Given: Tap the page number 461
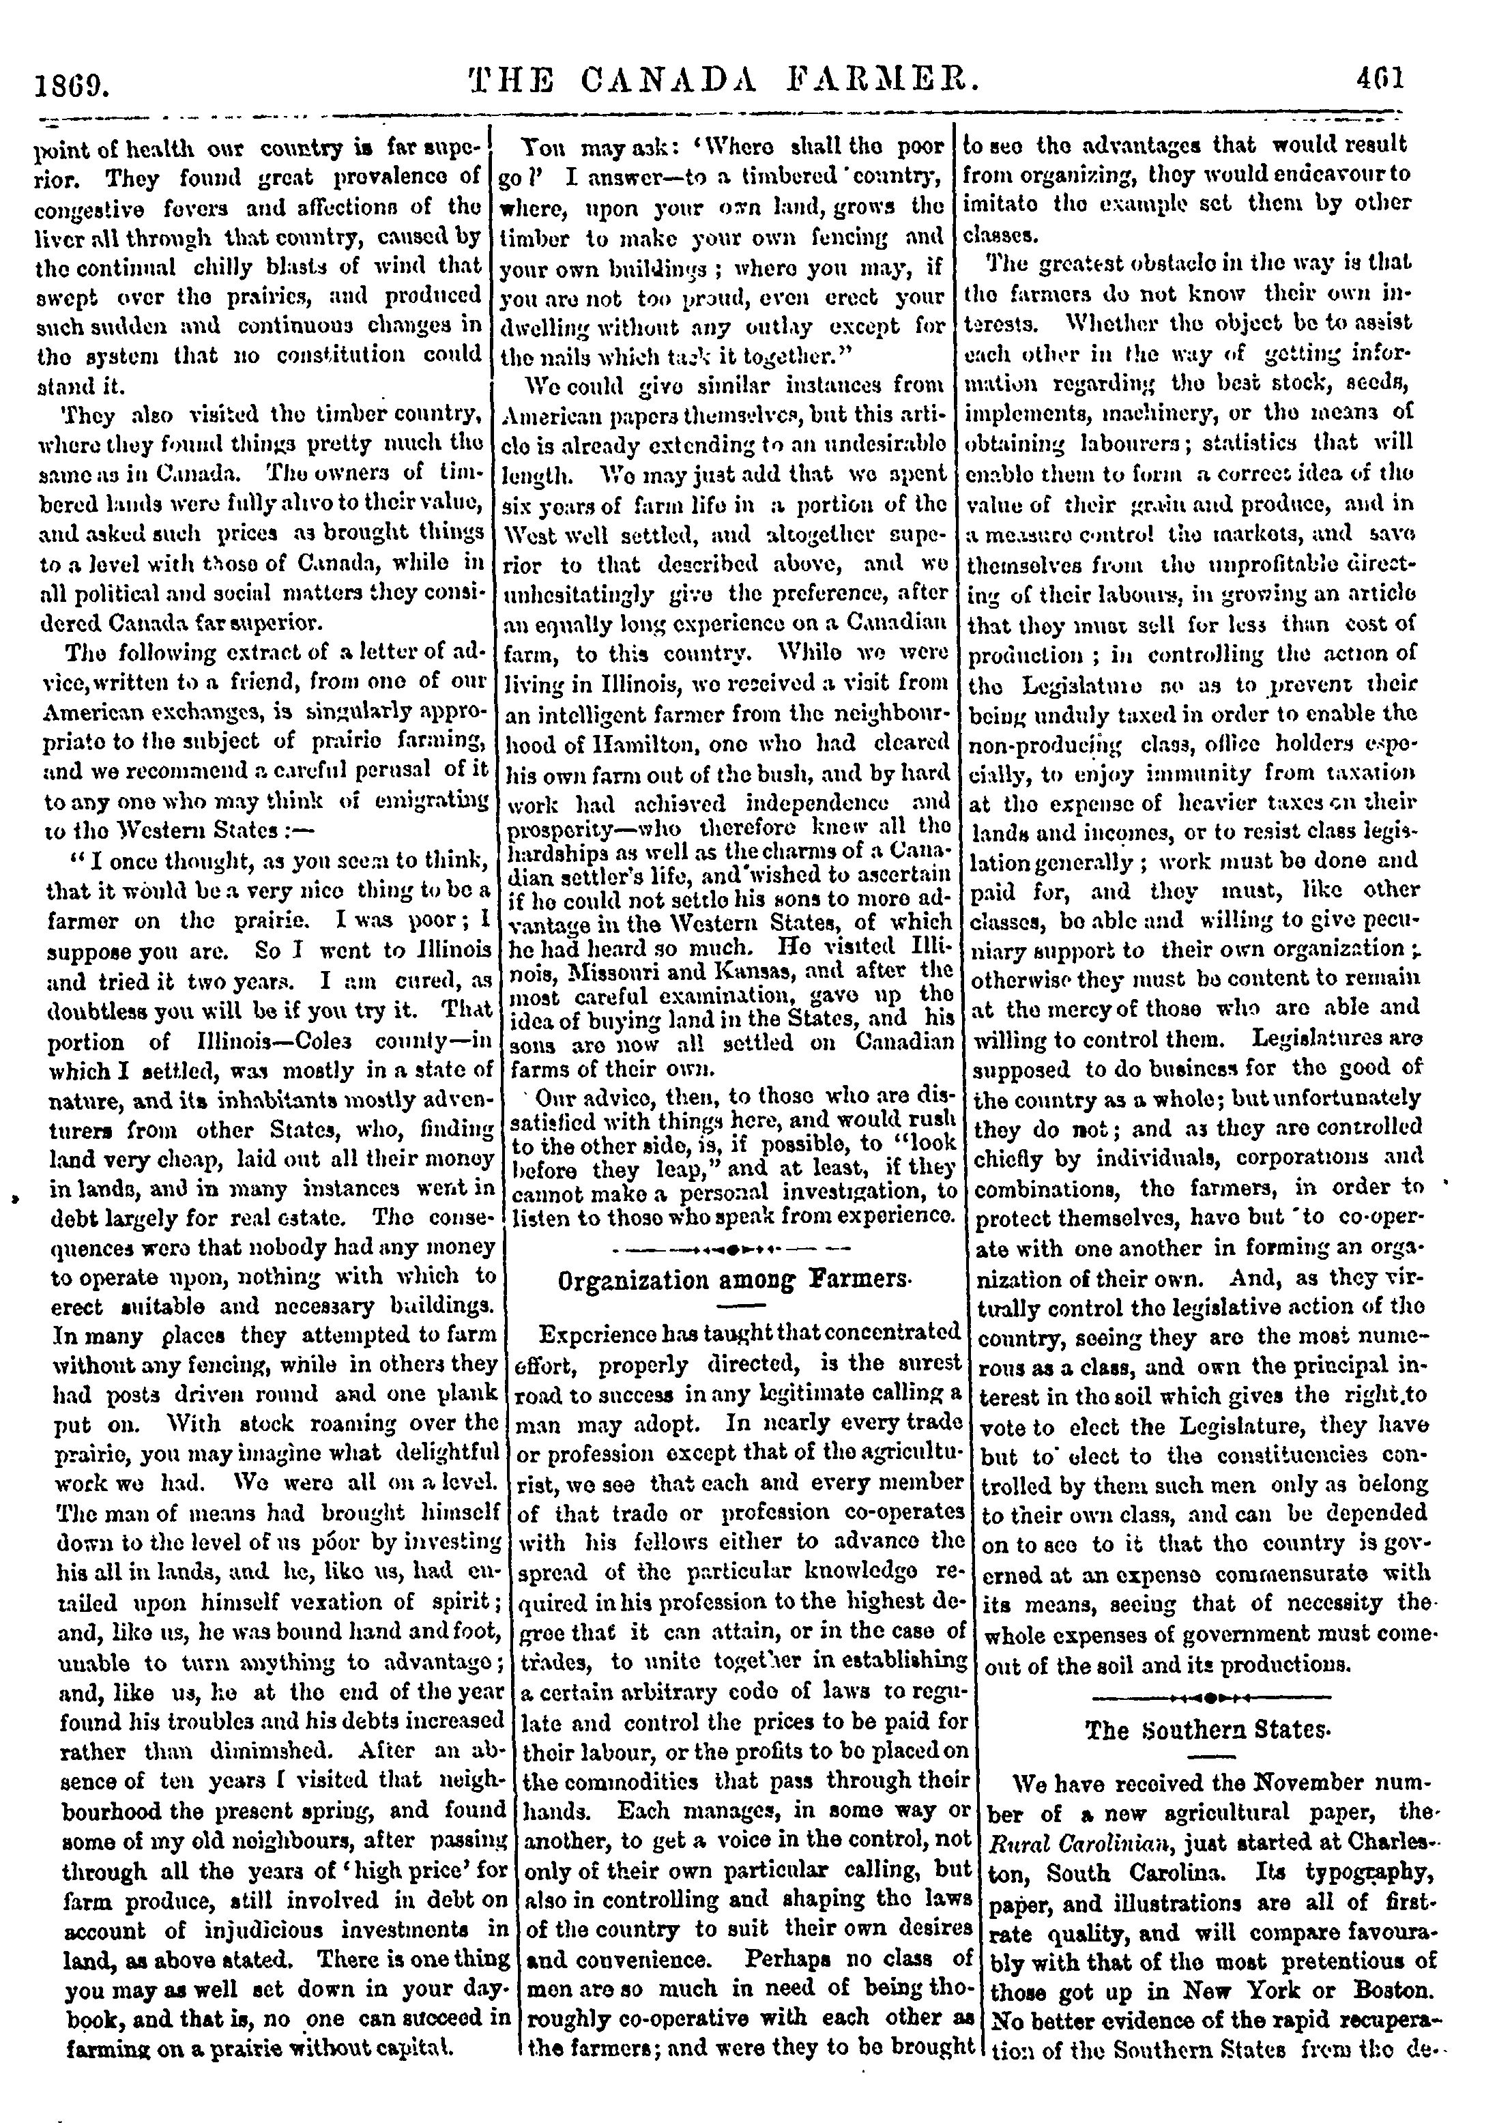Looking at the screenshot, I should click(1380, 76).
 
